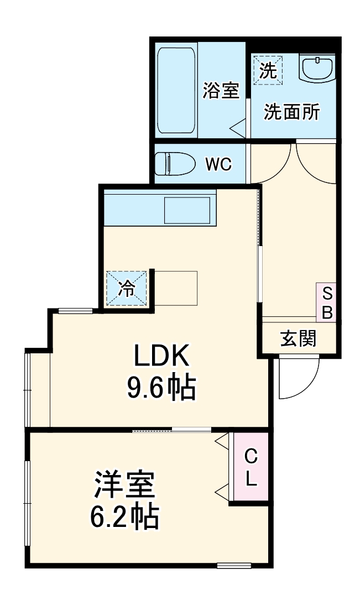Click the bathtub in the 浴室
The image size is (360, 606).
click(176, 91)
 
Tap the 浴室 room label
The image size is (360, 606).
click(221, 90)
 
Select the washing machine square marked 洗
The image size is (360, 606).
click(268, 70)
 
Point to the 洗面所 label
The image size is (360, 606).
click(291, 112)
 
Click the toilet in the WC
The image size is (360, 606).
click(174, 164)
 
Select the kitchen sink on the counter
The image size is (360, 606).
click(186, 210)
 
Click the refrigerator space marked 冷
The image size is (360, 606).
click(127, 288)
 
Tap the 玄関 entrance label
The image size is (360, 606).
click(298, 338)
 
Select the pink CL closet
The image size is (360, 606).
click(251, 467)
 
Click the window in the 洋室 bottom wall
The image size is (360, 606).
click(234, 565)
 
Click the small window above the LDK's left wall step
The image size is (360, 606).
click(75, 310)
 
